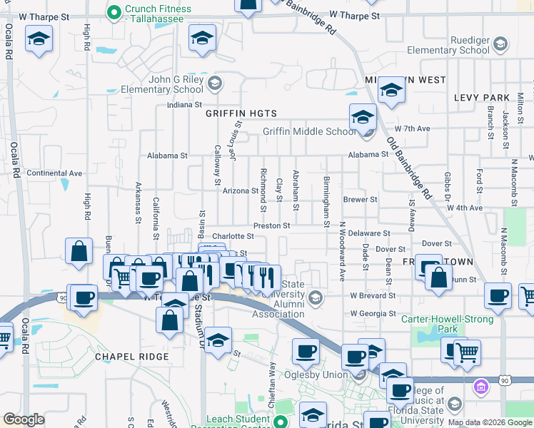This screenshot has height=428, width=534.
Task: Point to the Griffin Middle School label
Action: (308, 131)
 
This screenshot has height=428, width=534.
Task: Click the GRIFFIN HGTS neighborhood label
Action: (241, 113)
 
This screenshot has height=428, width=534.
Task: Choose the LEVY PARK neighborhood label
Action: (481, 98)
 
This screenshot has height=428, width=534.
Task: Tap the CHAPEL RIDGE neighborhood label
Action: (133, 356)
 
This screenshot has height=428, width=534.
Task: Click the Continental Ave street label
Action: (54, 173)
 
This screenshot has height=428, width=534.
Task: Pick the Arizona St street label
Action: (240, 190)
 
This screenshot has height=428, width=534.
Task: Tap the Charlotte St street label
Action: (233, 236)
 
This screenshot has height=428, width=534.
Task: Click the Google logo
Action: (24, 419)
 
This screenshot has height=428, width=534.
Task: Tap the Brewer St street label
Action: (360, 200)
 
